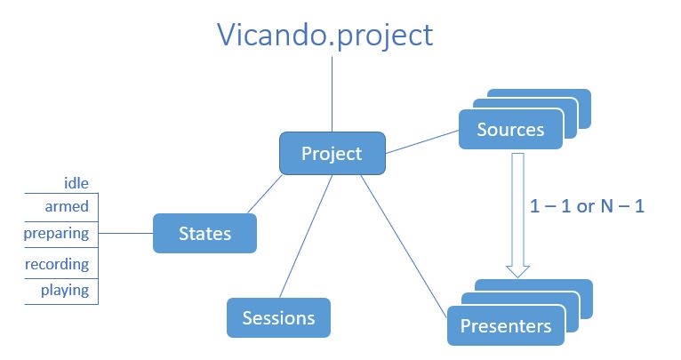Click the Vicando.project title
point(324,36)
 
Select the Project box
point(332,153)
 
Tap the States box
point(204,233)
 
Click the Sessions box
point(278,317)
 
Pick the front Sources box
point(510,130)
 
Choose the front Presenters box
point(506,325)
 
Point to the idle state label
point(76,183)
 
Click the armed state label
point(67,206)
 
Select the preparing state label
point(57,234)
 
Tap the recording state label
point(57,264)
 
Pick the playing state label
point(65,290)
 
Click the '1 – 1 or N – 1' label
point(587,206)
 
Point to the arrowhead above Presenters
point(517,271)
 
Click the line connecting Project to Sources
point(422,142)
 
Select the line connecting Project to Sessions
point(306,236)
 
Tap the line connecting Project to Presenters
point(404,246)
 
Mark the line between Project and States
point(265,194)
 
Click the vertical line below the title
point(332,94)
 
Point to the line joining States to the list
point(125,233)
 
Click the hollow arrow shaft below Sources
point(517,209)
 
